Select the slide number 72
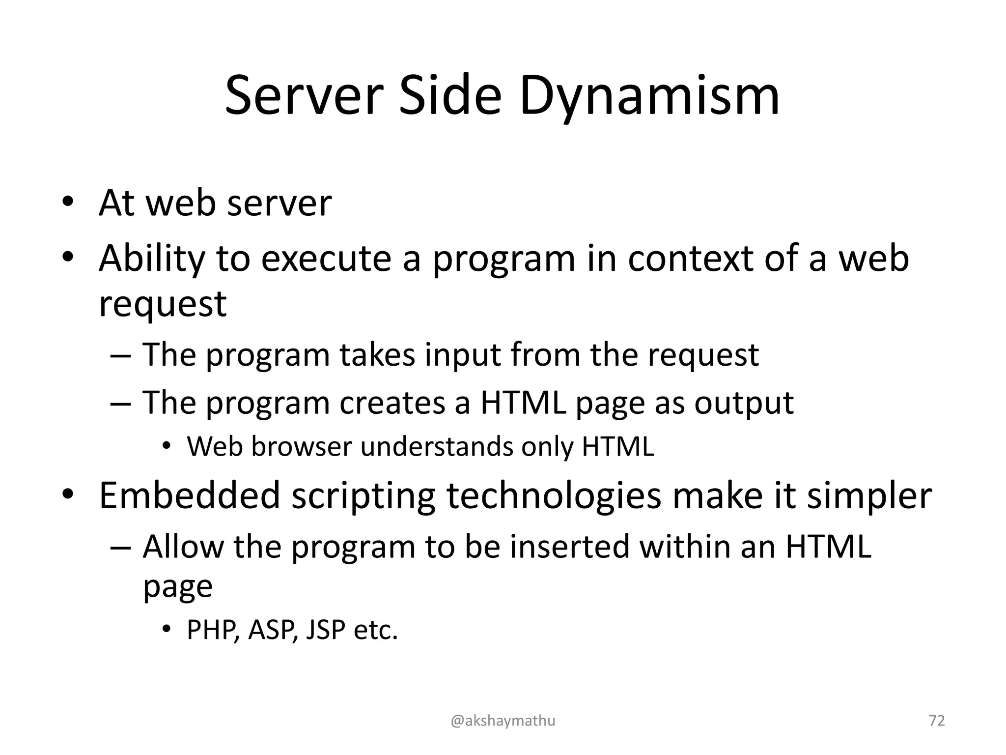937,721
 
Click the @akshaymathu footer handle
503,721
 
